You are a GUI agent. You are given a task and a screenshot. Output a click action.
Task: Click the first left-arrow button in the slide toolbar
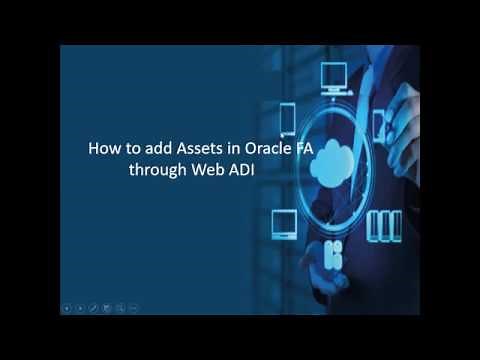pos(66,307)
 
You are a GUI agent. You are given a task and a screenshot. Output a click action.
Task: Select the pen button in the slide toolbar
pos(92,307)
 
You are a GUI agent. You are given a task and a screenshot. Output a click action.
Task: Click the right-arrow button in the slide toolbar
pos(79,307)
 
